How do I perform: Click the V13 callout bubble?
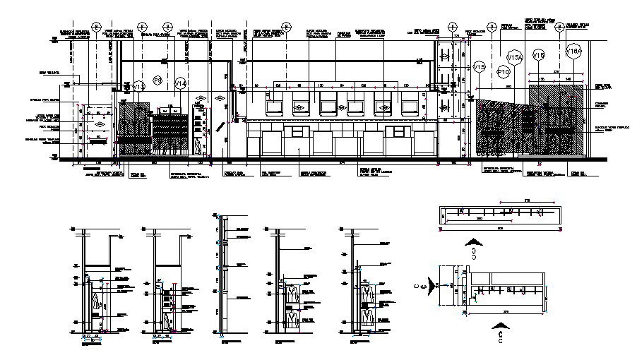pyautogui.click(x=139, y=86)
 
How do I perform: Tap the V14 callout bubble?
pyautogui.click(x=181, y=84)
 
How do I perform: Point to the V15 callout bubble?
pyautogui.click(x=480, y=67)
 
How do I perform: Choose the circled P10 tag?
pyautogui.click(x=504, y=72)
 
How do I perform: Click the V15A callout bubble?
pyautogui.click(x=515, y=57)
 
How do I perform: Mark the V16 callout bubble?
pyautogui.click(x=540, y=55)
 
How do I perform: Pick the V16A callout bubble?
pyautogui.click(x=573, y=51)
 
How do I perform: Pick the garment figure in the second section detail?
pyautogui.click(x=167, y=321)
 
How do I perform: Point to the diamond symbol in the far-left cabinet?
pyautogui.click(x=99, y=125)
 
